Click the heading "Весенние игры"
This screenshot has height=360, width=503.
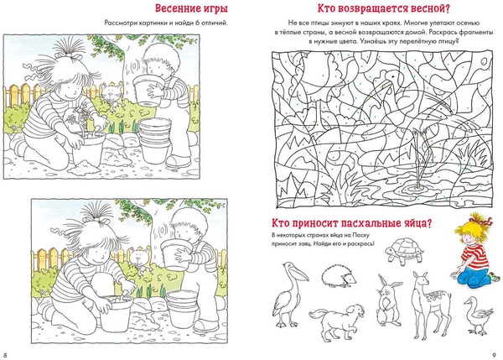[x=191, y=8]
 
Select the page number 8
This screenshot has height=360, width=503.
[x=5, y=356]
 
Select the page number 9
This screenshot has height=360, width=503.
[x=495, y=356]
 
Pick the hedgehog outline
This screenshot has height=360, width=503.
[x=339, y=276]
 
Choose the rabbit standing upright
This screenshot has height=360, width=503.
[x=389, y=300]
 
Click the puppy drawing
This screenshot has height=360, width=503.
[x=337, y=321]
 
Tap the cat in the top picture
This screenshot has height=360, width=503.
[x=111, y=95]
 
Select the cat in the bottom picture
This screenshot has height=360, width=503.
[x=139, y=258]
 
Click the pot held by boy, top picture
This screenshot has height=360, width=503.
[x=148, y=89]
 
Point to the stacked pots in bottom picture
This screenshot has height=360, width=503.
[x=182, y=308]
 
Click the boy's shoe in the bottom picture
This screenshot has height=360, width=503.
[x=205, y=325]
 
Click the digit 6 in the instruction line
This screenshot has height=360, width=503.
[x=197, y=23]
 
